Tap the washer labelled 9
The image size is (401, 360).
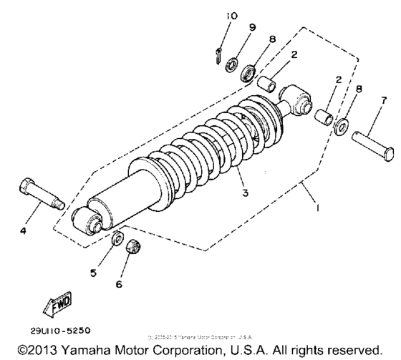click(231, 66)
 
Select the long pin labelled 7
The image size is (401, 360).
click(372, 134)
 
